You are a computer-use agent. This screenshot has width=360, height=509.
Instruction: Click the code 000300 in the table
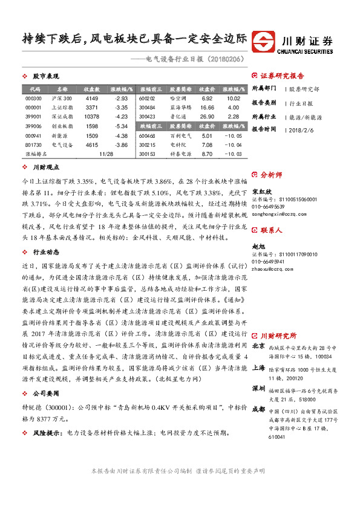[34, 99]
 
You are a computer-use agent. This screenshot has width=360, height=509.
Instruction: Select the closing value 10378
[91, 117]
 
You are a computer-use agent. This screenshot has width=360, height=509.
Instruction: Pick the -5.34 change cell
[121, 126]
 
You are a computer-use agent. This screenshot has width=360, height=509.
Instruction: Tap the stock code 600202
[147, 99]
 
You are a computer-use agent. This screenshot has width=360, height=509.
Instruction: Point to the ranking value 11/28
[106, 154]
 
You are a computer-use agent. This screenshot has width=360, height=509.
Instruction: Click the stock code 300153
[147, 154]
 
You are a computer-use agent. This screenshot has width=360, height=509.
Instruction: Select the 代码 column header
[34, 89]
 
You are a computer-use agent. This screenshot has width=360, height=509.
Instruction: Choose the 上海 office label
[258, 368]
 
